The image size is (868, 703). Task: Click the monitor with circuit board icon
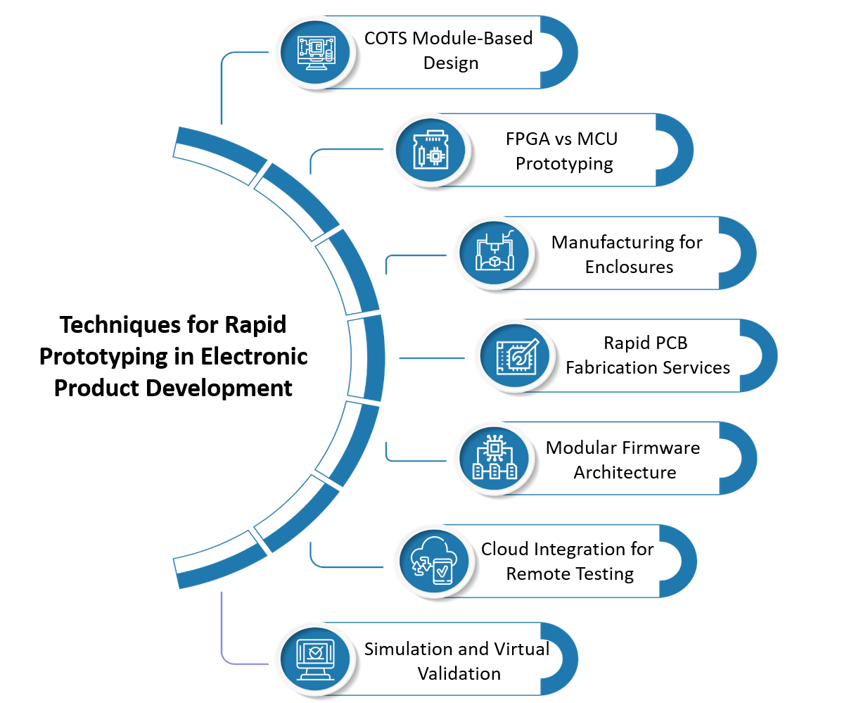[316, 51]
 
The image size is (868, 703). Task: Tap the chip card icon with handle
[431, 151]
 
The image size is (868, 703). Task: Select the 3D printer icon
[494, 253]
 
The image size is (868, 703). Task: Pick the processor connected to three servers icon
[494, 459]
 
